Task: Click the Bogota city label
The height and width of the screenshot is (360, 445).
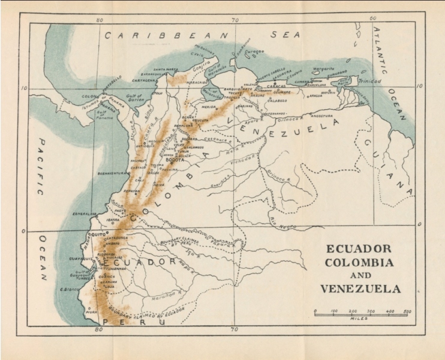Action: pos(175,160)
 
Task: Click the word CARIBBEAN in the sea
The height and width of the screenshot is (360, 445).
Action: pos(167,35)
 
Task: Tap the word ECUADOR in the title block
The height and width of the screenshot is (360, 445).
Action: pos(359,248)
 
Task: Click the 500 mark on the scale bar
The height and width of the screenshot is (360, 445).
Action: pos(407,311)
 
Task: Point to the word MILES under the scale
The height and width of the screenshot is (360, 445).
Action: pos(360,319)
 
